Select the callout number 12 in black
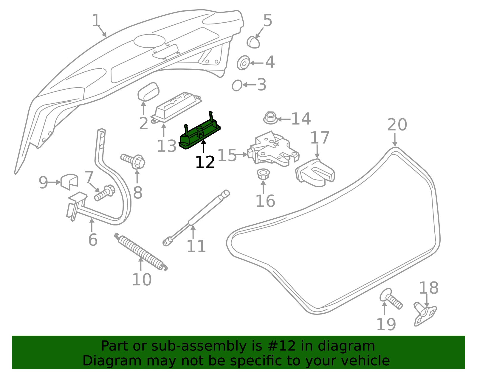(205, 162)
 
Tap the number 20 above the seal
(397, 125)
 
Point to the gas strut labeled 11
(196, 218)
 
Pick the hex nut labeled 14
(270, 118)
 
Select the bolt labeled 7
(105, 193)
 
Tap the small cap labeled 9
(69, 181)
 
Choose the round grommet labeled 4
(244, 63)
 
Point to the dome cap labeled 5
(253, 42)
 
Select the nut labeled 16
(263, 174)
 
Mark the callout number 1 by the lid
(96, 20)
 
